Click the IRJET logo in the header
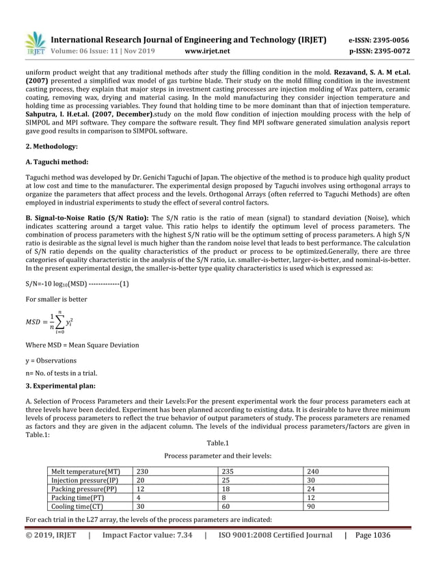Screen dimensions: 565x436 coord(34,43)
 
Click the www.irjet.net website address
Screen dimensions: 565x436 coord(207,51)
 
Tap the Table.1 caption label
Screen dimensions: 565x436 coord(217,443)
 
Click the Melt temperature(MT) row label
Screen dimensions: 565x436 coord(85,471)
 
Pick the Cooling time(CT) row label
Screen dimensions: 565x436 coord(77,507)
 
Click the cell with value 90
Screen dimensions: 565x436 coord(311,507)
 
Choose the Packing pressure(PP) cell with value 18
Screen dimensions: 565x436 coord(227,489)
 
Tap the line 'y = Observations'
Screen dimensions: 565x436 coord(51,360)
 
